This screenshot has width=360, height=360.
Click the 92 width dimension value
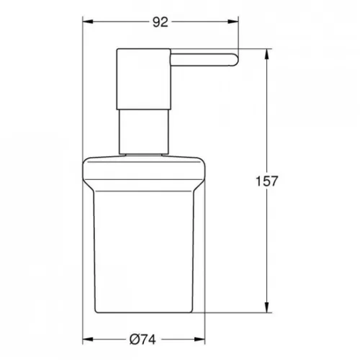(160, 23)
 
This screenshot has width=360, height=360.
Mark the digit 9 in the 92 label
(155, 23)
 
